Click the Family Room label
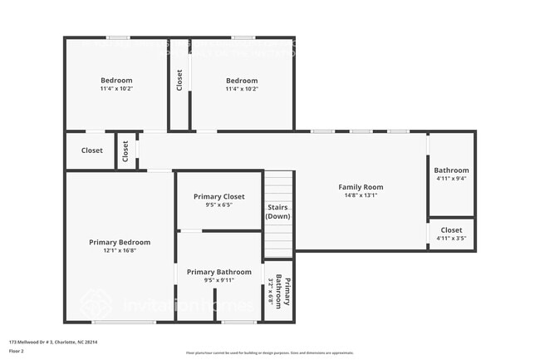click(x=360, y=187)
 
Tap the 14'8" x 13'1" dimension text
click(x=360, y=196)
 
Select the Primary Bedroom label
click(x=120, y=242)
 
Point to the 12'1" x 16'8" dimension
click(x=120, y=250)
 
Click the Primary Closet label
click(x=218, y=196)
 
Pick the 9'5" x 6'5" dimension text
click(x=218, y=205)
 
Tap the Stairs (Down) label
click(x=277, y=211)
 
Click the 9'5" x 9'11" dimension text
click(x=218, y=280)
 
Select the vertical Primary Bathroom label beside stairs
click(x=283, y=292)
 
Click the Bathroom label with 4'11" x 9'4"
click(x=451, y=170)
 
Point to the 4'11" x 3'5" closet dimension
click(x=451, y=239)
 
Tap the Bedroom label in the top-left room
click(x=116, y=81)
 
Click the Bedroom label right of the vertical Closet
click(x=242, y=81)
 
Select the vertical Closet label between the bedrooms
click(x=179, y=81)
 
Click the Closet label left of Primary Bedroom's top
click(x=91, y=150)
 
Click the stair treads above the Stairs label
click(x=278, y=185)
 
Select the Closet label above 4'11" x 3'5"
click(x=451, y=229)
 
